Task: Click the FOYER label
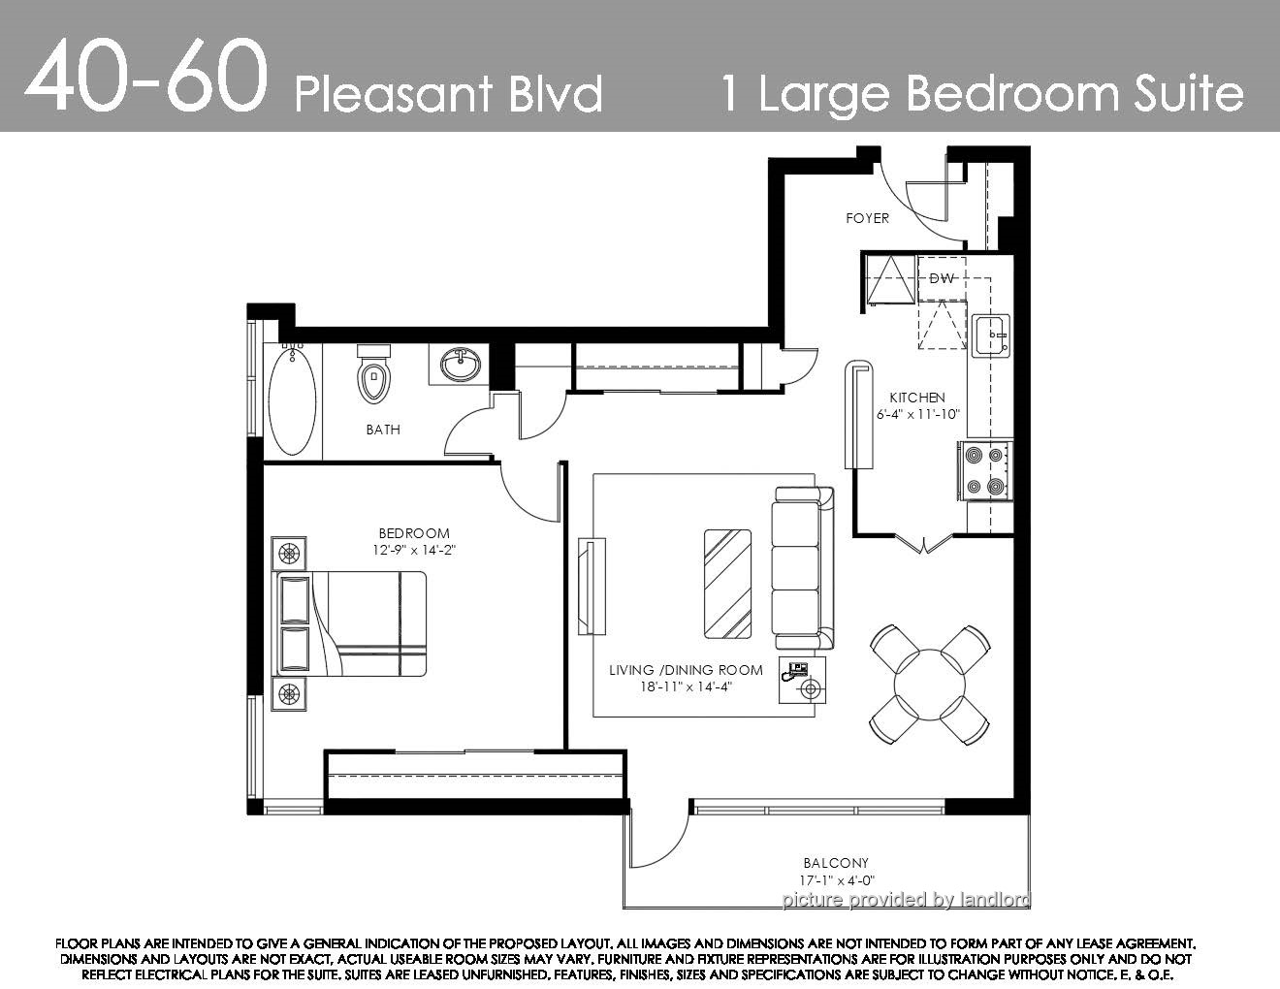click(867, 218)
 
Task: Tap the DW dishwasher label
click(942, 278)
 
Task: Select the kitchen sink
click(990, 335)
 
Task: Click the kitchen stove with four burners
click(985, 471)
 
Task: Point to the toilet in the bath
click(373, 374)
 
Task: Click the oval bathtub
click(292, 399)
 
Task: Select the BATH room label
click(383, 430)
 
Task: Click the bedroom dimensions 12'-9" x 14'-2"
click(414, 551)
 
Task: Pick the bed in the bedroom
click(351, 623)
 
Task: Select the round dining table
click(930, 686)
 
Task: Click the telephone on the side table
click(794, 671)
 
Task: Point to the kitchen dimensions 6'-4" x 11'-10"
click(917, 414)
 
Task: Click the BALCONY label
click(836, 864)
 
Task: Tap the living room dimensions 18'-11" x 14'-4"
click(687, 686)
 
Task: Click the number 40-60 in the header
click(145, 77)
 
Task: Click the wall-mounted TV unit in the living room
click(592, 586)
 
